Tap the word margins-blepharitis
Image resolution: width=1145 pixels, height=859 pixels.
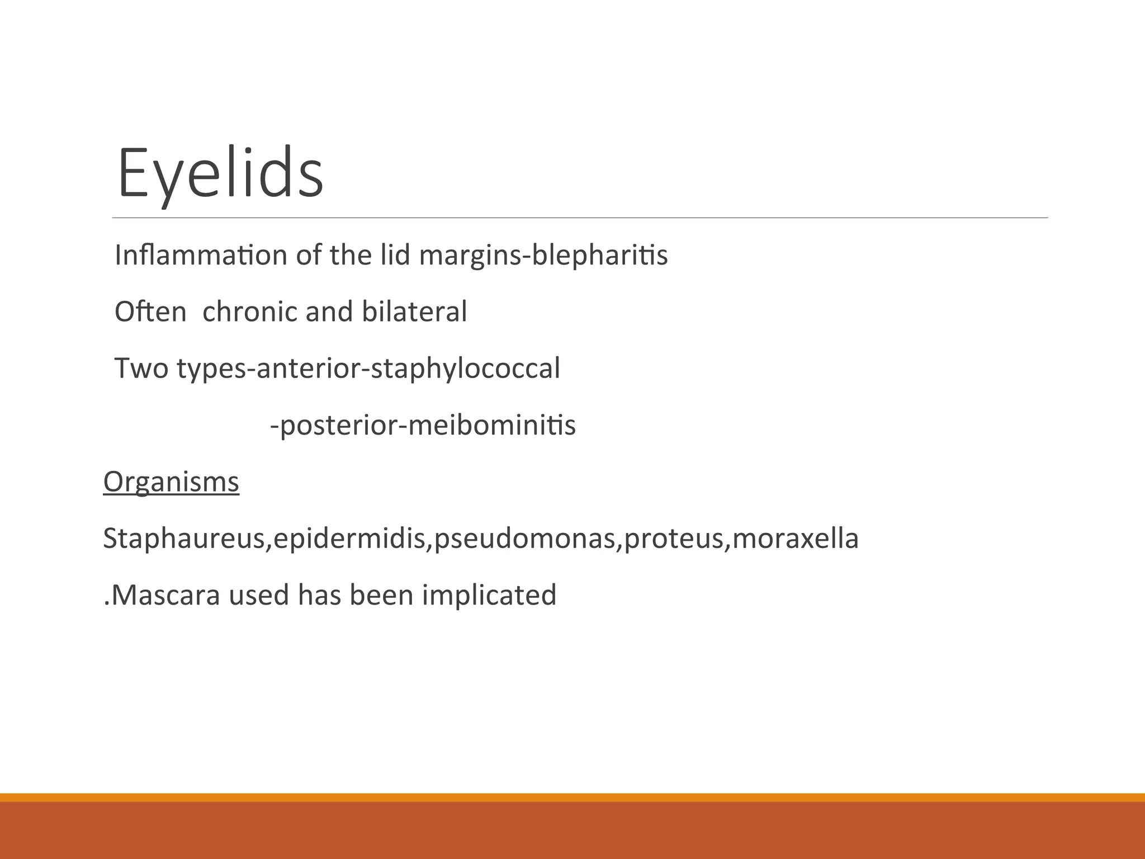543,256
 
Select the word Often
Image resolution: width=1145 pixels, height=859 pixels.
150,311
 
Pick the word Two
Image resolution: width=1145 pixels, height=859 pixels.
141,368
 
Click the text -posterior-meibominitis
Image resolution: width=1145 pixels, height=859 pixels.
423,425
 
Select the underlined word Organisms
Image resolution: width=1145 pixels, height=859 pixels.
171,482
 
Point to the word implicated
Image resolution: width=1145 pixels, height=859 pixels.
489,595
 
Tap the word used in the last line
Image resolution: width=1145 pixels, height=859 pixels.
259,594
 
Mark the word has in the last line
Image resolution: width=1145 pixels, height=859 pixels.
319,594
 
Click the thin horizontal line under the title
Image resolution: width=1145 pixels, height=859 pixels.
580,218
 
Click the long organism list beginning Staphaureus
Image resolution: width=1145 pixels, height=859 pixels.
481,539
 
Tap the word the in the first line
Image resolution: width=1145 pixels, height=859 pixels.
351,255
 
